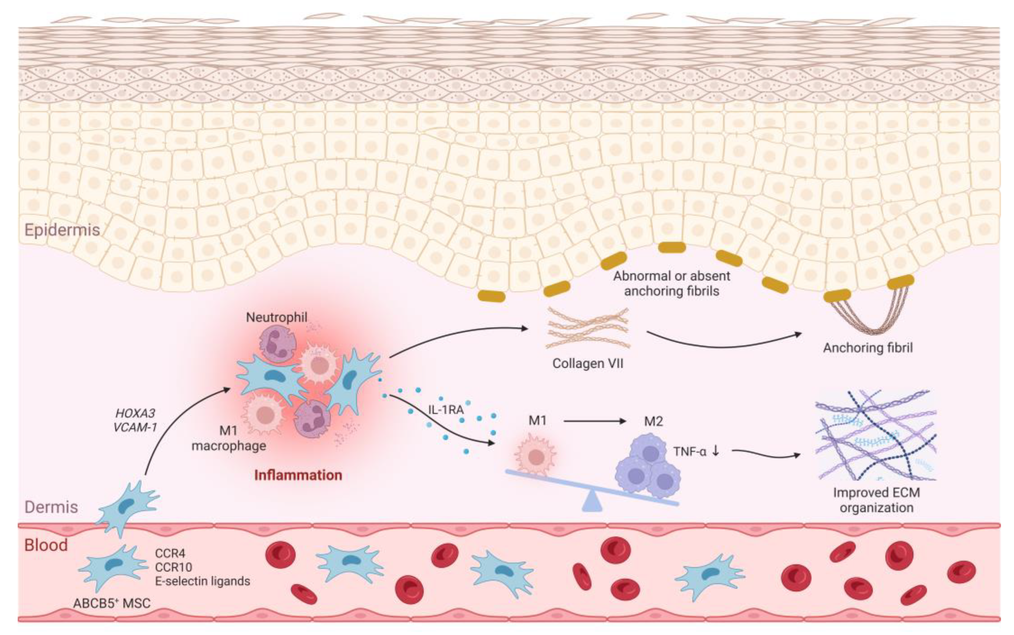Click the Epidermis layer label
[x=62, y=230]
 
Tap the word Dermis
[x=51, y=507]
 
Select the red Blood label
[x=46, y=545]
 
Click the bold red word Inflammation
[x=298, y=475]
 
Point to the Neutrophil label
[x=277, y=317]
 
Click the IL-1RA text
[x=446, y=409]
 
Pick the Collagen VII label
[x=588, y=363]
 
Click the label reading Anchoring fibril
[x=868, y=348]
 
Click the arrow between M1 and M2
[x=594, y=420]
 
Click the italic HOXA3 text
[x=135, y=413]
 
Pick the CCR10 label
[x=173, y=567]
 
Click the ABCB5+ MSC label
[x=112, y=603]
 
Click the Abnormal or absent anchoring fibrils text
[x=672, y=283]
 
